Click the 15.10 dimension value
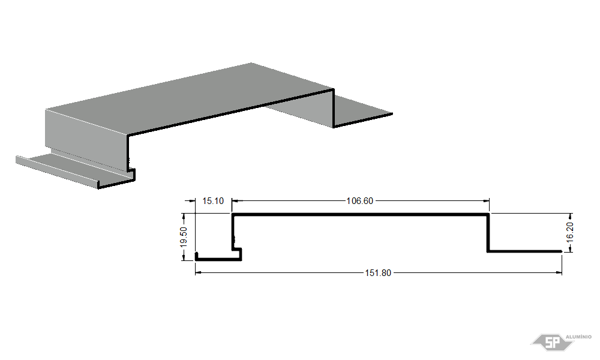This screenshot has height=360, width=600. point(213,201)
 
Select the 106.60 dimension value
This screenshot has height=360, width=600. point(359,201)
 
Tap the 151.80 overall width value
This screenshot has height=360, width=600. point(378,273)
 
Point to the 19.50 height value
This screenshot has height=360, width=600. point(184,237)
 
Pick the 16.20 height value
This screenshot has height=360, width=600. point(570,232)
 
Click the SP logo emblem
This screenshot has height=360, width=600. point(552,341)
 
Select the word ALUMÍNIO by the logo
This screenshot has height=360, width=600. point(578,337)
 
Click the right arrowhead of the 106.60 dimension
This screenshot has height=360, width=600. point(487,200)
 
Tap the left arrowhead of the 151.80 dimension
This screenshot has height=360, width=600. point(198,273)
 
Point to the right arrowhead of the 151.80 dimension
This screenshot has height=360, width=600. point(559,273)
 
